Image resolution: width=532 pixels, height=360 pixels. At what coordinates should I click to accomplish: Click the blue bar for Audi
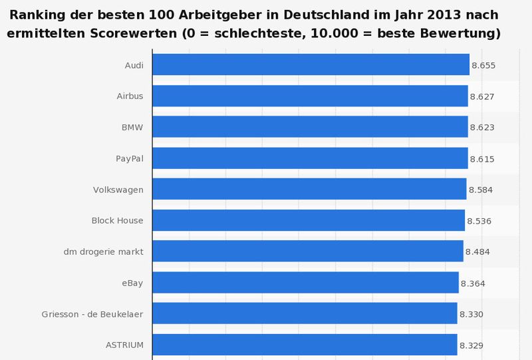pos(311,65)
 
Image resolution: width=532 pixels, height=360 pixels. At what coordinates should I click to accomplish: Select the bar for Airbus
pos(310,96)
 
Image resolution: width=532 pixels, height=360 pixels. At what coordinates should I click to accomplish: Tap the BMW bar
pos(310,127)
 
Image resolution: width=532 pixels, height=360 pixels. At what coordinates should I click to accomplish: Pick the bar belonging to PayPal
pos(310,158)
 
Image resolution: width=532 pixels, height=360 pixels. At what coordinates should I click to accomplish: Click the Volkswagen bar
pos(309,190)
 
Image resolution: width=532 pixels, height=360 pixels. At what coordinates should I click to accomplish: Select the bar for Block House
pos(309,220)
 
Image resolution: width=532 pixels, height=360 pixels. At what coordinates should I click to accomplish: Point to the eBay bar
pos(305,283)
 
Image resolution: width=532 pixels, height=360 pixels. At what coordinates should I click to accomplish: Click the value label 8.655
pos(483,66)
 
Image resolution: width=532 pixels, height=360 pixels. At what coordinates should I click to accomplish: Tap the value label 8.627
pos(482,96)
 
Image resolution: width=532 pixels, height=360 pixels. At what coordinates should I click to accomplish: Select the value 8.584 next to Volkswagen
pos(481,190)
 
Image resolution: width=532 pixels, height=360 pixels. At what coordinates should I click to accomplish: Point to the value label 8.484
pos(477,252)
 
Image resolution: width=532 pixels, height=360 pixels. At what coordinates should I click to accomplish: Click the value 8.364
pos(473,283)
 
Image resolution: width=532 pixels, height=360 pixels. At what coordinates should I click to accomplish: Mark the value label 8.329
pos(471,345)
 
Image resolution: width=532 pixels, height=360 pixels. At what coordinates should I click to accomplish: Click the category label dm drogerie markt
pos(103,252)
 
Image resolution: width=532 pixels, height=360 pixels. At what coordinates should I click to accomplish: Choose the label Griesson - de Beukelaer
pos(96,314)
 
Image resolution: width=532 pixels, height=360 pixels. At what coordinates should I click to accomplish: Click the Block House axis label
pos(117,220)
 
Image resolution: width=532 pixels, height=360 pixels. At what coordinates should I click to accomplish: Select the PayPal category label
pos(130,158)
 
